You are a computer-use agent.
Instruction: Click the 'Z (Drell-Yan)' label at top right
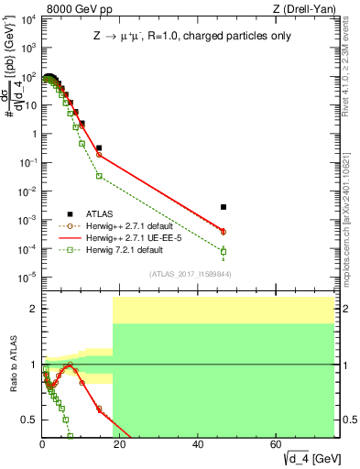coord(304,8)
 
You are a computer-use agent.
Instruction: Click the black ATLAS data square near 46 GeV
coord(224,207)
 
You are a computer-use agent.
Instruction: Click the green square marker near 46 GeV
coord(224,251)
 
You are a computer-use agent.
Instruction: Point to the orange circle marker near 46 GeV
coord(224,232)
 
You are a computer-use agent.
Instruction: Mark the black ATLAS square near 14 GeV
coord(99,147)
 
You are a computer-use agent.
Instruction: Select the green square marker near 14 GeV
coord(99,176)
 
